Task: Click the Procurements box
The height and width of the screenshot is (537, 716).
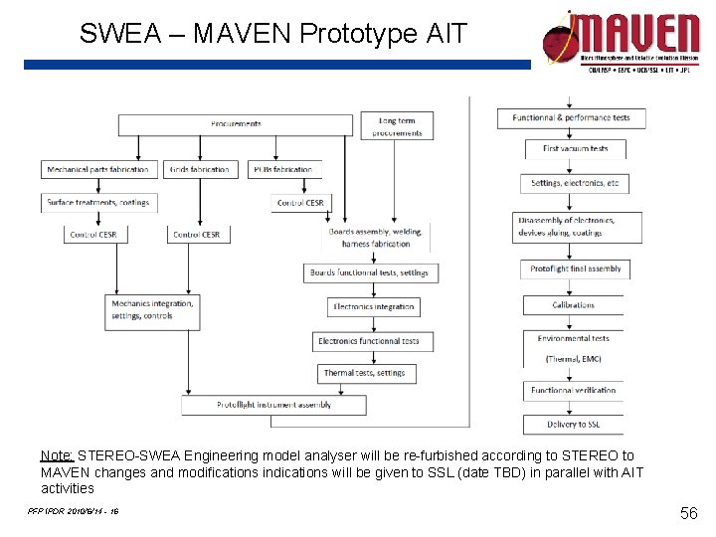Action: point(236,124)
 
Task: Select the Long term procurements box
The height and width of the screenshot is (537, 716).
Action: point(397,126)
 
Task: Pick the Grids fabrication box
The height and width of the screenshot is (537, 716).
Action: point(200,169)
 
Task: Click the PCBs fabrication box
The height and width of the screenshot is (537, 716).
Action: point(284,169)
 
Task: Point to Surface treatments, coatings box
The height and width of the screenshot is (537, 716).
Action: point(98,202)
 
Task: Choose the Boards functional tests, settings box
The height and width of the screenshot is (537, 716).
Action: point(369,272)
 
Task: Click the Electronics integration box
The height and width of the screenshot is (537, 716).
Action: point(373,306)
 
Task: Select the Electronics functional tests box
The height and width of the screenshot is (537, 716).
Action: point(368,341)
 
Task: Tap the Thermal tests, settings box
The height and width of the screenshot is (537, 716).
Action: point(364,373)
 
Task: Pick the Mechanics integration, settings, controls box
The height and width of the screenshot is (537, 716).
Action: point(152,309)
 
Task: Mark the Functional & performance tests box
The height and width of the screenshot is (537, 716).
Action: point(571,117)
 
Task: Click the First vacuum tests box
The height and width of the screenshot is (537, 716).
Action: point(575,149)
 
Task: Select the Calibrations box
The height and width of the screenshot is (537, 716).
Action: point(574,305)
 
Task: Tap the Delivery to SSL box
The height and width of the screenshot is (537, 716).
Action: point(574,425)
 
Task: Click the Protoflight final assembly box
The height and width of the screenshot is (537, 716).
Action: point(575,268)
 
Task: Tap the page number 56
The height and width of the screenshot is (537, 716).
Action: point(687,513)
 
